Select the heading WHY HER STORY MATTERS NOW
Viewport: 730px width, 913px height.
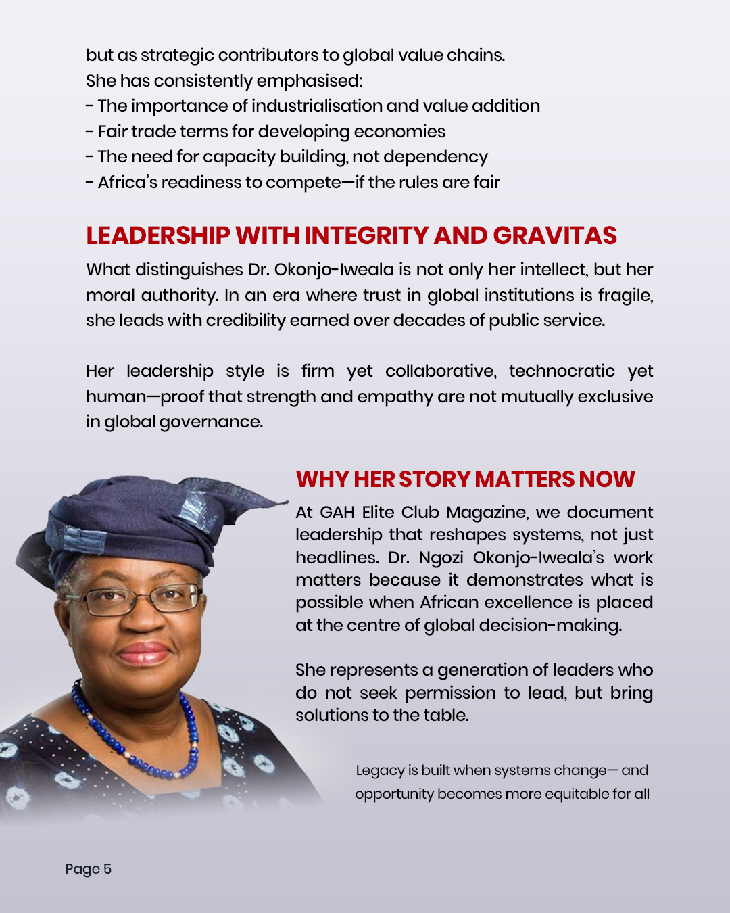(x=465, y=479)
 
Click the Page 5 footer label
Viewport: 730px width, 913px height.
(x=88, y=869)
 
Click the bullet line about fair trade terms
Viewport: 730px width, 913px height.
(x=266, y=131)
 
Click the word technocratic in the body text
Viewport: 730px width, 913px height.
(x=562, y=371)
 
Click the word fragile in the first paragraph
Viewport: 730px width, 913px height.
(x=623, y=295)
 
